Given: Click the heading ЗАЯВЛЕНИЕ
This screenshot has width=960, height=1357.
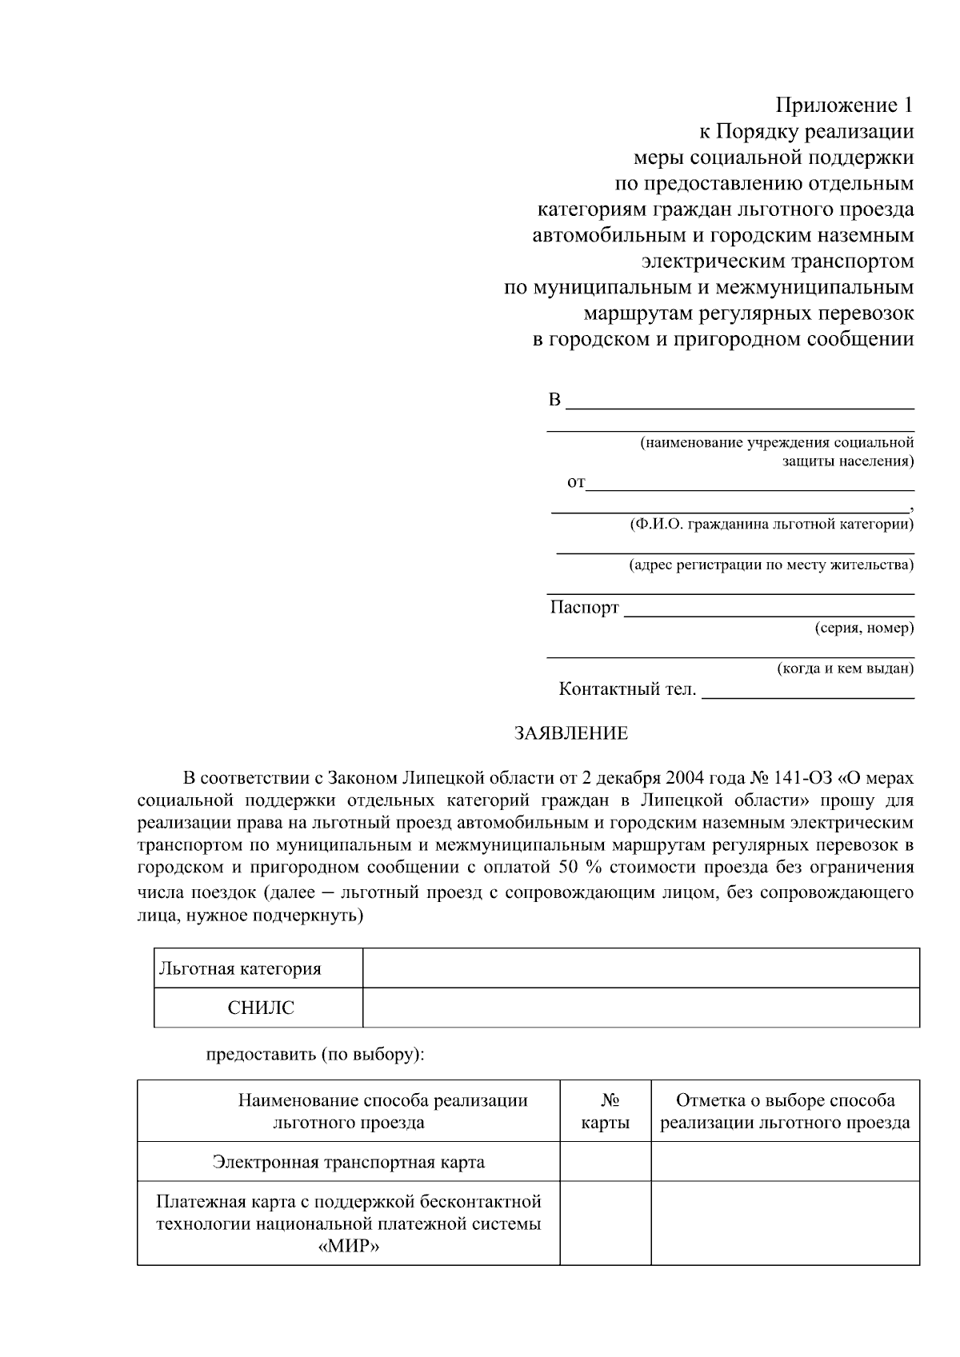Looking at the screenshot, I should pyautogui.click(x=571, y=733).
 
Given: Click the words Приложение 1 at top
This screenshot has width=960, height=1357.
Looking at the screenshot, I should pyautogui.click(x=845, y=106).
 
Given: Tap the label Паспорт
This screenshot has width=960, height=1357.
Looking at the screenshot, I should pyautogui.click(x=584, y=608).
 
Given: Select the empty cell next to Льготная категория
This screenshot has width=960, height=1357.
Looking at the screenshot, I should pyautogui.click(x=641, y=968).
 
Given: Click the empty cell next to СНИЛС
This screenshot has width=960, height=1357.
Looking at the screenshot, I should pyautogui.click(x=641, y=1008).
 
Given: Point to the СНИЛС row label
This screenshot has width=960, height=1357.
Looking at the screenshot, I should pyautogui.click(x=261, y=1008).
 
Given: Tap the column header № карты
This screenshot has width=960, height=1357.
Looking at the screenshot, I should pyautogui.click(x=605, y=1112).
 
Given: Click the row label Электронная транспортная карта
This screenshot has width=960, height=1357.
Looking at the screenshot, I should pyautogui.click(x=348, y=1162).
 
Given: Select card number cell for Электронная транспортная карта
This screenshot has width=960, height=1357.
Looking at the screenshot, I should pyautogui.click(x=605, y=1162).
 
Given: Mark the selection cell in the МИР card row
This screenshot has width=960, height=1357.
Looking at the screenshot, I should pyautogui.click(x=785, y=1223).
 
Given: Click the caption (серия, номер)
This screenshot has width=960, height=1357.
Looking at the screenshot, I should pyautogui.click(x=864, y=629).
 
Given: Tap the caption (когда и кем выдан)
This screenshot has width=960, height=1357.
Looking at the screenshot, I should pyautogui.click(x=846, y=669).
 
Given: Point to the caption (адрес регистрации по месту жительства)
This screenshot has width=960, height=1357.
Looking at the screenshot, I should pyautogui.click(x=770, y=565).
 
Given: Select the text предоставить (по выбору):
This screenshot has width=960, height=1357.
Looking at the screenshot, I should pyautogui.click(x=315, y=1054).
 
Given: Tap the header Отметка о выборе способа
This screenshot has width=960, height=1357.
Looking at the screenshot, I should pyautogui.click(x=785, y=1101).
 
